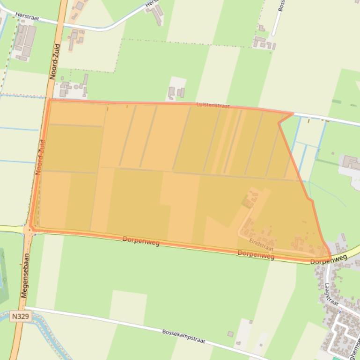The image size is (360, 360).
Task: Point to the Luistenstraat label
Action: pyautogui.click(x=213, y=106)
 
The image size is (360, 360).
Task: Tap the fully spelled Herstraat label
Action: pyautogui.click(x=27, y=17)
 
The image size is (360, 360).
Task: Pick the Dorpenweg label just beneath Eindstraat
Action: pyautogui.click(x=256, y=254)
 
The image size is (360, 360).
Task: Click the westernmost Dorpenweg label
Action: pyautogui.click(x=141, y=241)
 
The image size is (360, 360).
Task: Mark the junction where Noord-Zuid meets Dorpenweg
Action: pyautogui.click(x=30, y=229)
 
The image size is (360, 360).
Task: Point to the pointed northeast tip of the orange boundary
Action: pyautogui.click(x=293, y=113)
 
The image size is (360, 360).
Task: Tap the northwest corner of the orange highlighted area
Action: pyautogui.click(x=49, y=100)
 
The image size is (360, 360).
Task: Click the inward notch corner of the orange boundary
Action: pyautogui.click(x=279, y=123)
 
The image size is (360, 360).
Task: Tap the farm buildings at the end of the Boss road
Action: pyautogui.click(x=263, y=42)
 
